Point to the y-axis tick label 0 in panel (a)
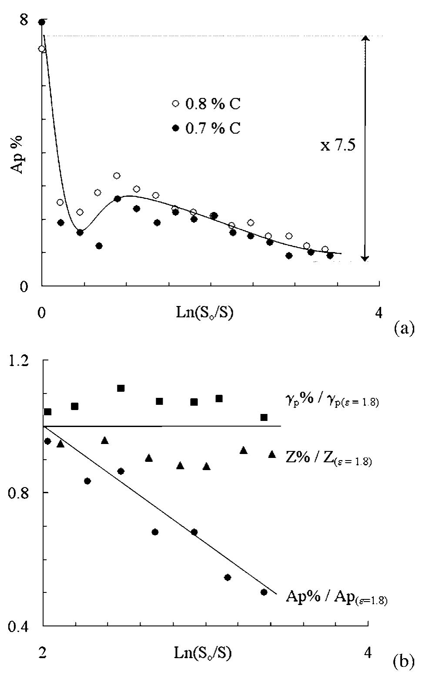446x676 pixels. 23,288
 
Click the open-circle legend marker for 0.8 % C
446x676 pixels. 175,104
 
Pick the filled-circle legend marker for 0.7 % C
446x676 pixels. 175,128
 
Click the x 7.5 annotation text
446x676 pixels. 338,145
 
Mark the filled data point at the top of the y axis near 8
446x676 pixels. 42,22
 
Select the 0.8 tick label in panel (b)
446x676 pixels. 22,493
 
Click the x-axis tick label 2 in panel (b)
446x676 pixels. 42,652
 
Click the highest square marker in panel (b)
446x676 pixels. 121,388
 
